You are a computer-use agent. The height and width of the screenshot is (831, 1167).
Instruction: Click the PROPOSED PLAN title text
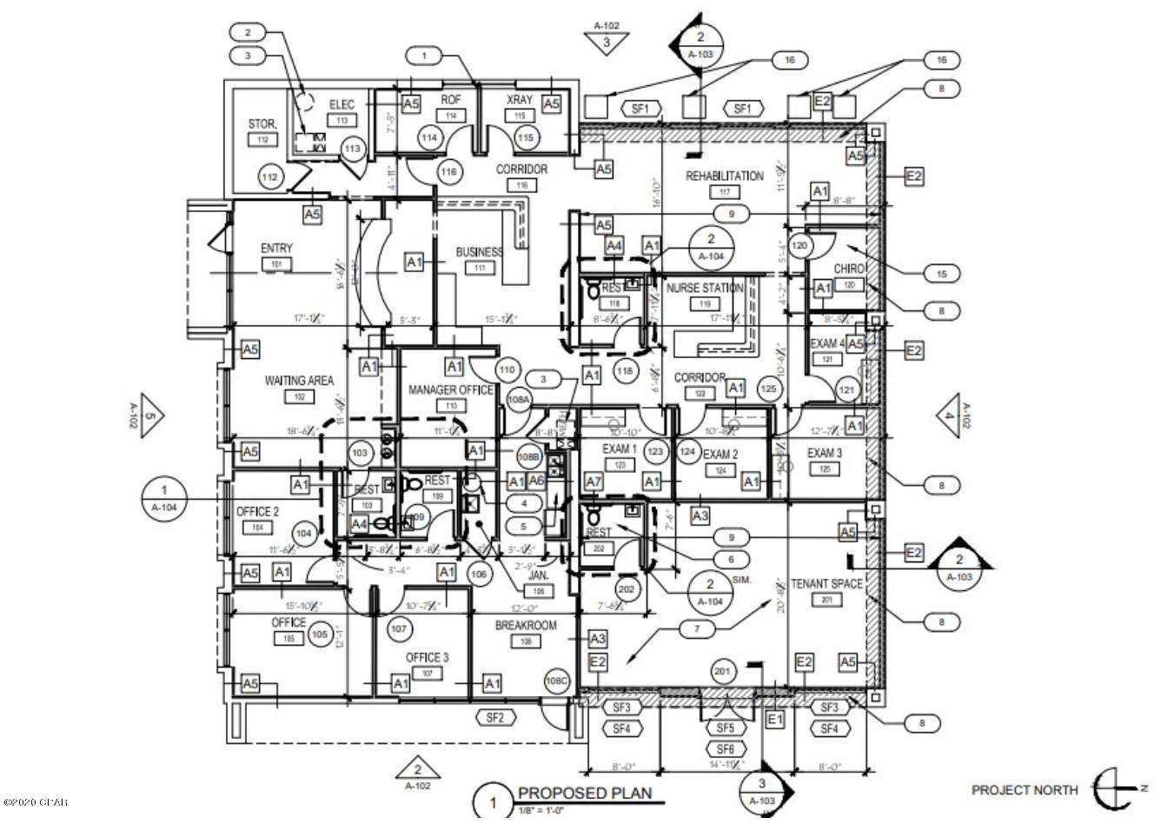584,793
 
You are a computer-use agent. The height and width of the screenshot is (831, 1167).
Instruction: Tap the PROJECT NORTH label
1024,790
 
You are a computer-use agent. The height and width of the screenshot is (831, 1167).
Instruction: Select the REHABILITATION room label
725,176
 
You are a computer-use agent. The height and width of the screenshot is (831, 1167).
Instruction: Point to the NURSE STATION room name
705,288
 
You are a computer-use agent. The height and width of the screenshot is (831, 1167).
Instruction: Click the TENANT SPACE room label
826,584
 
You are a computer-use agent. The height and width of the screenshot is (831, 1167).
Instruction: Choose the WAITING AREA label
299,381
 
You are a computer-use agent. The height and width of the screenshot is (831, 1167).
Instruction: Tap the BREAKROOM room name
526,626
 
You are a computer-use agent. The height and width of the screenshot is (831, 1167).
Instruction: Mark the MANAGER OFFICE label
450,390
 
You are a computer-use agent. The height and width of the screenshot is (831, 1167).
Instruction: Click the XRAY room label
520,101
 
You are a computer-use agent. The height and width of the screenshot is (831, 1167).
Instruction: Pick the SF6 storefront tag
726,748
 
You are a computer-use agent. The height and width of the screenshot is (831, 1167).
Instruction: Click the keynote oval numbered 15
941,274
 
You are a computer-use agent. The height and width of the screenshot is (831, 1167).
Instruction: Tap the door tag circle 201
721,672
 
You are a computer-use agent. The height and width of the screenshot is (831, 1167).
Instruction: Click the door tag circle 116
448,172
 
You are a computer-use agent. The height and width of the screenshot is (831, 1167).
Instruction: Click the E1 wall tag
775,719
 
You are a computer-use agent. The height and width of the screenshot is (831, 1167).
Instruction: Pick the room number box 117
724,192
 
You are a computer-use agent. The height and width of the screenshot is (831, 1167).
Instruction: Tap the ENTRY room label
276,249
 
